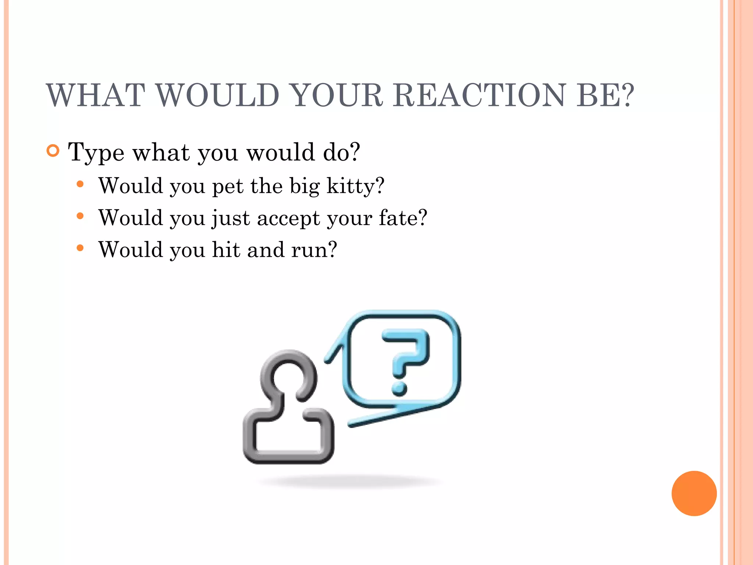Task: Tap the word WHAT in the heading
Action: point(96,95)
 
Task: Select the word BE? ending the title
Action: point(605,95)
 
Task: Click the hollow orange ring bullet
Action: point(53,151)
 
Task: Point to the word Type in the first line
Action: point(96,153)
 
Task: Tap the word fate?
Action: point(403,217)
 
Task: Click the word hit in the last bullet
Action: point(226,249)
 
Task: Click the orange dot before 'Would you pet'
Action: point(80,184)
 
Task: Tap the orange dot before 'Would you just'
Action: point(80,216)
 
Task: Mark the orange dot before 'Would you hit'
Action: point(80,248)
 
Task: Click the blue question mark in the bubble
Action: point(404,360)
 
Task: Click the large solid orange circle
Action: point(694,493)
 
